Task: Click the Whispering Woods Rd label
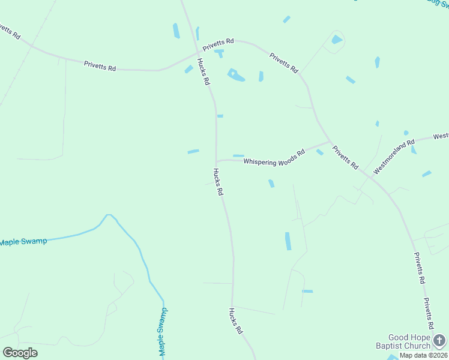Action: [x=274, y=157]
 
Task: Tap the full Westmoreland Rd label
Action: [x=394, y=157]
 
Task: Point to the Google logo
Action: [x=20, y=352]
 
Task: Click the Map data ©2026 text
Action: [x=423, y=355]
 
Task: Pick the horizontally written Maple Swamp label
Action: [x=23, y=242]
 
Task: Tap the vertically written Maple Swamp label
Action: [x=162, y=332]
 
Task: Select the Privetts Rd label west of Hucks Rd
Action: [x=100, y=65]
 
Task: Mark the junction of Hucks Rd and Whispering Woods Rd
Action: [x=216, y=161]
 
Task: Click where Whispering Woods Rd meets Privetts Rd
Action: [x=330, y=142]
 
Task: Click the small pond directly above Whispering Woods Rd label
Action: [x=238, y=156]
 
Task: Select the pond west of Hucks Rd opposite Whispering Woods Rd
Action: [x=193, y=151]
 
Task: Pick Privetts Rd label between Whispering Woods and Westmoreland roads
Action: [x=346, y=157]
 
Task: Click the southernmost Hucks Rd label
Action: [x=235, y=321]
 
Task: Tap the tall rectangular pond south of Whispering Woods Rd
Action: [x=288, y=241]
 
